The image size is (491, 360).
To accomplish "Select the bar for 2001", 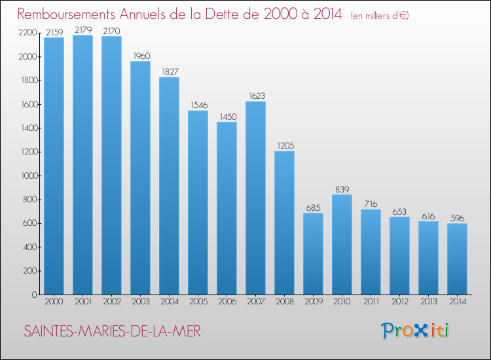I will tap(82, 165).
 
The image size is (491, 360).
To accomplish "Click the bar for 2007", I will tap(255, 198).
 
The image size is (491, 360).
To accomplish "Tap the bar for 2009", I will tap(313, 254).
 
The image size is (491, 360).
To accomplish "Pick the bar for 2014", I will tap(457, 259).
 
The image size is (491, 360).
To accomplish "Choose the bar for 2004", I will tap(169, 186).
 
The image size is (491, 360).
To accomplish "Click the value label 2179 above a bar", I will tap(82, 30).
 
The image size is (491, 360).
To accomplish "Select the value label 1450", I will tap(227, 117).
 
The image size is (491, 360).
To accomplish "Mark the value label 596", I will tap(457, 218).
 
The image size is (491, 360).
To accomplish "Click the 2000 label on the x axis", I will tap(54, 302).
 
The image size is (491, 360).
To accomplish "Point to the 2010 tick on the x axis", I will tap(342, 302).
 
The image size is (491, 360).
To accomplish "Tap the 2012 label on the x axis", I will tap(399, 302).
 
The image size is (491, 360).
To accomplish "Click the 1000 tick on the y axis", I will tap(28, 176).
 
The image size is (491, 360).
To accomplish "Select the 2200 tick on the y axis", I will tap(28, 33).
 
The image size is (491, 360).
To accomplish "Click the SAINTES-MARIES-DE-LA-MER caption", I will tap(112, 331).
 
